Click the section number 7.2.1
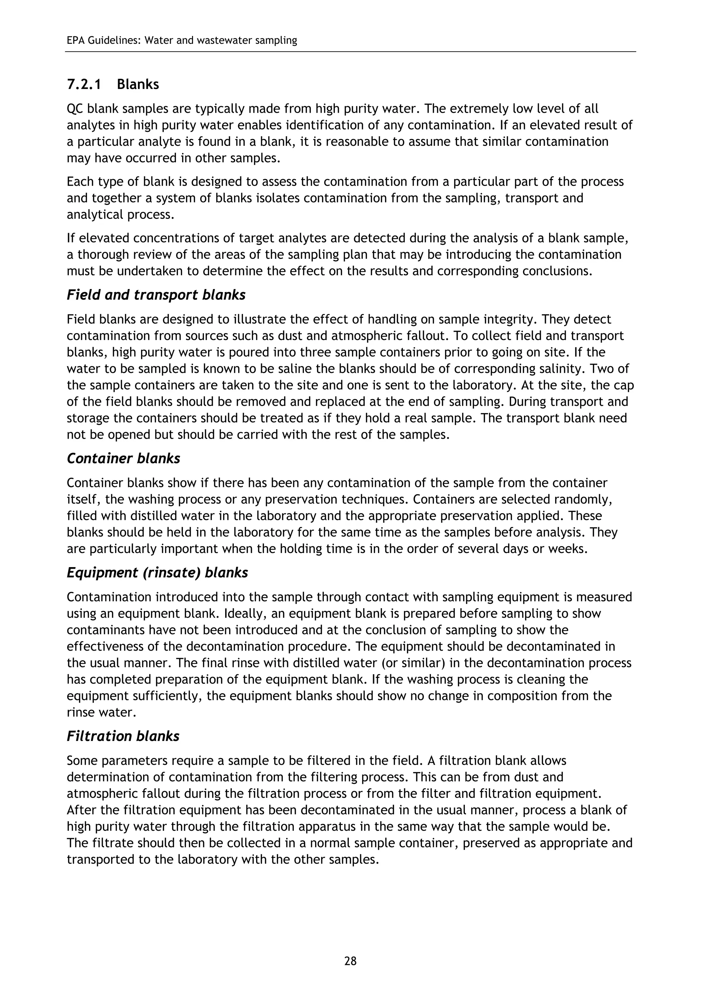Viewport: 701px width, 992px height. [x=84, y=84]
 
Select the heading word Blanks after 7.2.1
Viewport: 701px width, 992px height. [x=138, y=84]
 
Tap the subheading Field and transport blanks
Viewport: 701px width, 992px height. [x=156, y=295]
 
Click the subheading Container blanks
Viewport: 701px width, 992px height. [x=124, y=459]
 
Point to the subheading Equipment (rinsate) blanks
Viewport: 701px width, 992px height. [x=157, y=573]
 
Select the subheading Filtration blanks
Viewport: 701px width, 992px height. [x=123, y=736]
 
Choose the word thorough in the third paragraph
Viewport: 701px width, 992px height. [x=104, y=254]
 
